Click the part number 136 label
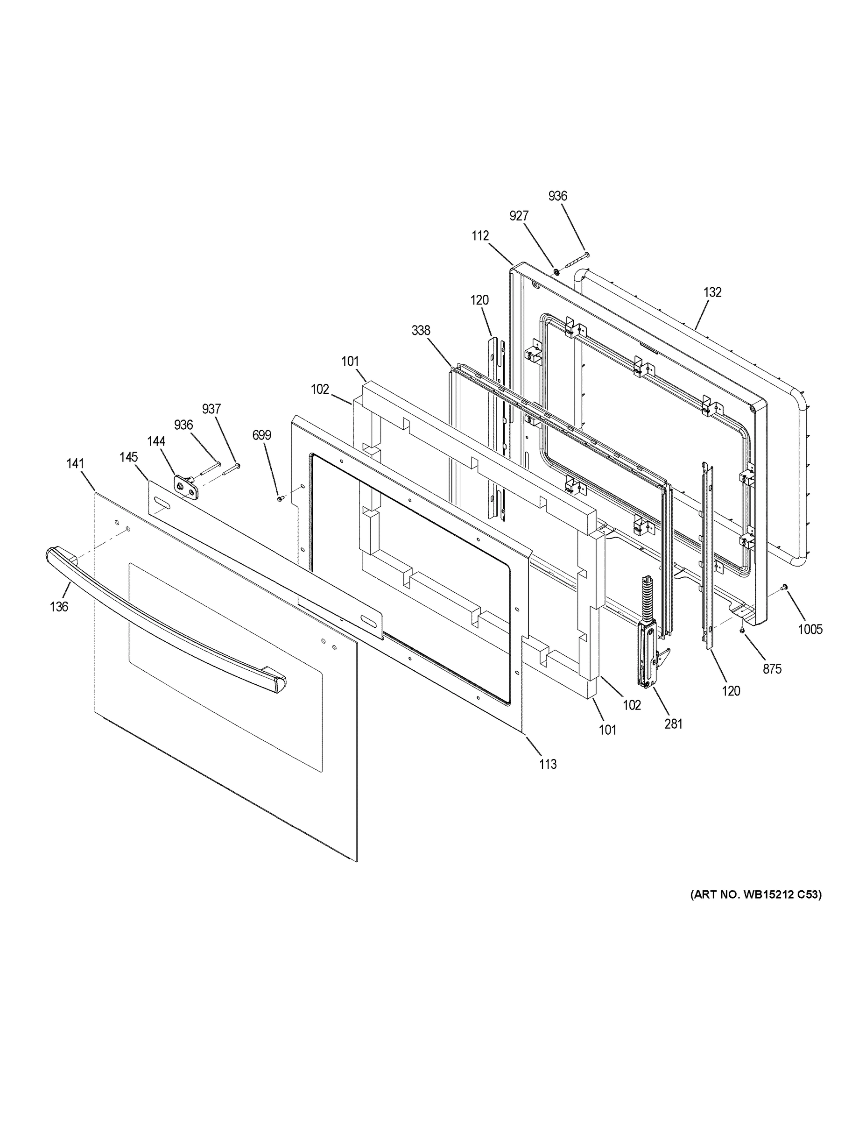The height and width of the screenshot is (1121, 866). pos(59,607)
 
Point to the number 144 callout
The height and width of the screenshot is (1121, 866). pos(156,441)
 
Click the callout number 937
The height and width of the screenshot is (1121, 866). pos(211,409)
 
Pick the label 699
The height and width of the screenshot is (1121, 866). pos(261,435)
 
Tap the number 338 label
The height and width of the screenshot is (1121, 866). pos(421,331)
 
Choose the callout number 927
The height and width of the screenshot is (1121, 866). pos(519,216)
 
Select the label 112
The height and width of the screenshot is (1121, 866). pos(480,235)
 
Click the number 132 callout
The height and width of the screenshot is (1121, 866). pos(712,292)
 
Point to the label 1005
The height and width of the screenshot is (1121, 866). pos(810,629)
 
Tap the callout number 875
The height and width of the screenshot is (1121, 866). pos(772,669)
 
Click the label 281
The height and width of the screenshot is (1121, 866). pos(673,724)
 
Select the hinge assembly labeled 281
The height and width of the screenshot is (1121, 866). pos(648,637)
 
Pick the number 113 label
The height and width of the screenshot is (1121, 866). pos(548,779)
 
